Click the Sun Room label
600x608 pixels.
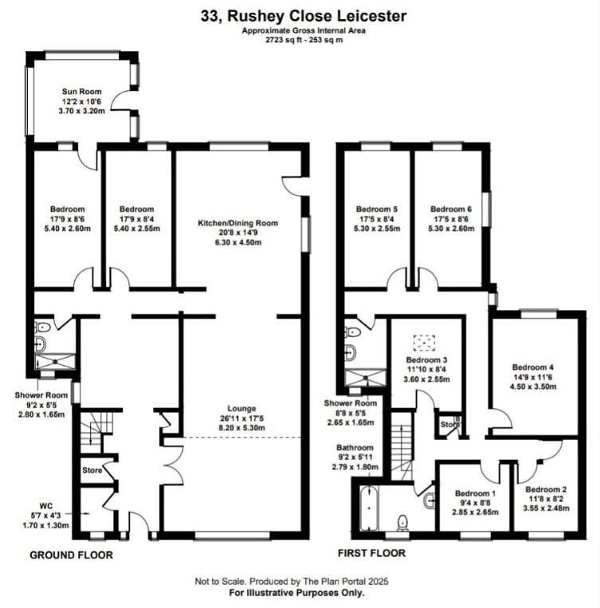[x=82, y=92]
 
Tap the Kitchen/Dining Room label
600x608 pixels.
[x=237, y=223]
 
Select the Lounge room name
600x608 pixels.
[x=241, y=408]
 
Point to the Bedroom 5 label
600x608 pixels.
[x=377, y=209]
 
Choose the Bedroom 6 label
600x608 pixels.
[x=451, y=209]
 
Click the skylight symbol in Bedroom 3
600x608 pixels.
[x=424, y=343]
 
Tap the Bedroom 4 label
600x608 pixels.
[x=533, y=367]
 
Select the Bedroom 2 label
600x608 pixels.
[x=546, y=489]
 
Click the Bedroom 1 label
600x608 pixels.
[x=475, y=493]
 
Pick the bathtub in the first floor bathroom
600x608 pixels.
[x=369, y=508]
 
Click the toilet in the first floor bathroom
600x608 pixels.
[x=403, y=523]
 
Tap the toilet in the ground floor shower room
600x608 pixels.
[x=43, y=328]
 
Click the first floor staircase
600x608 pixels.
[x=401, y=446]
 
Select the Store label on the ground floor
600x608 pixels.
[x=92, y=470]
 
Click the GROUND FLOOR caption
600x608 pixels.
[x=72, y=555]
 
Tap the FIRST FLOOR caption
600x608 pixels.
[x=371, y=553]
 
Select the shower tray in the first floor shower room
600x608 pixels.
[x=366, y=378]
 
